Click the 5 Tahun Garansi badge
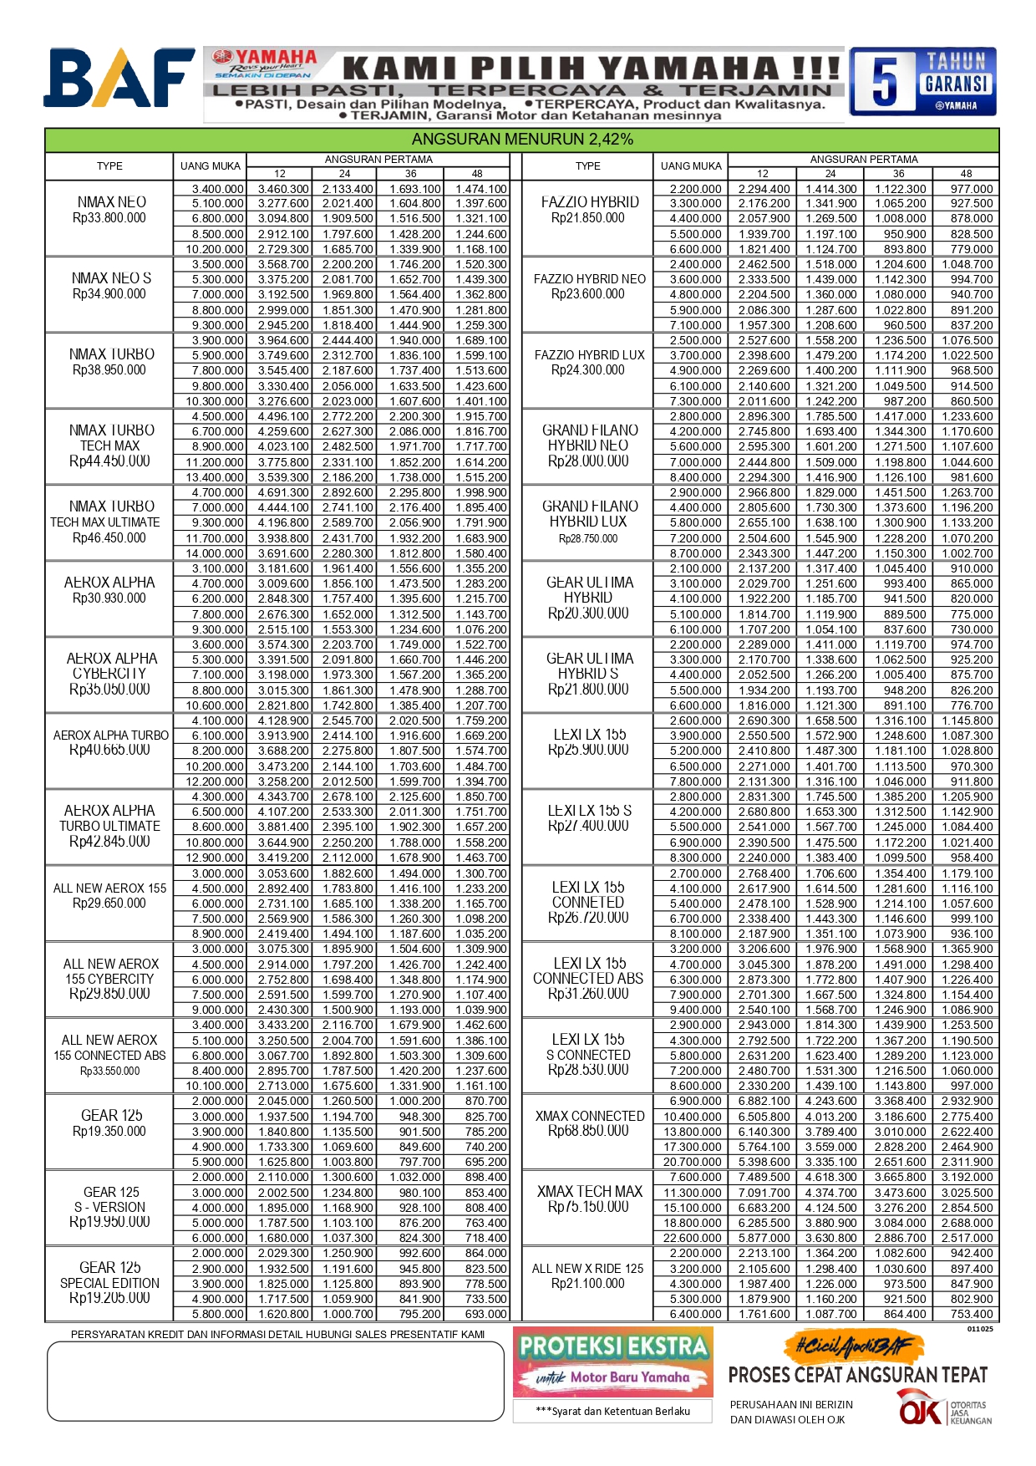coord(922,81)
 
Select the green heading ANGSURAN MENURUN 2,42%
coord(522,140)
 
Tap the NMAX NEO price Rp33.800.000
coord(109,218)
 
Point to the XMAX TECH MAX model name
coord(589,1192)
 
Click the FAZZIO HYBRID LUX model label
coord(589,355)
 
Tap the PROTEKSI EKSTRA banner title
coord(613,1346)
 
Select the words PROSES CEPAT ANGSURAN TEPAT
coord(857,1375)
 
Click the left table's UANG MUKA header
coord(210,166)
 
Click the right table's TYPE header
coord(587,166)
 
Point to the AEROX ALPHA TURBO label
coord(110,736)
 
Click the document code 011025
coord(980,1329)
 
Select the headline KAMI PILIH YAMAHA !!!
coord(591,68)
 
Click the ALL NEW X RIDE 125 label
coord(587,1269)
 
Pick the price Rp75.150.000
coord(588,1207)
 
